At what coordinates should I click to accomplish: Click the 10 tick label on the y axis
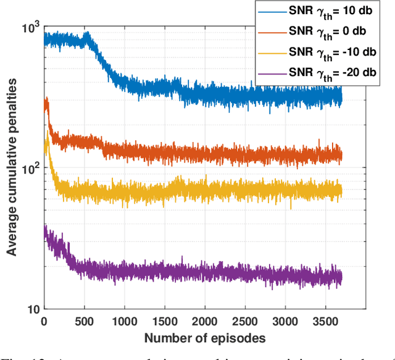32,309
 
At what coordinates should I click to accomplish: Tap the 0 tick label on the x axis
44,322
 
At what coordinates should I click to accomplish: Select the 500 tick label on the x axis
83,322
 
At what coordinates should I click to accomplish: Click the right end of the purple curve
341,278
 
